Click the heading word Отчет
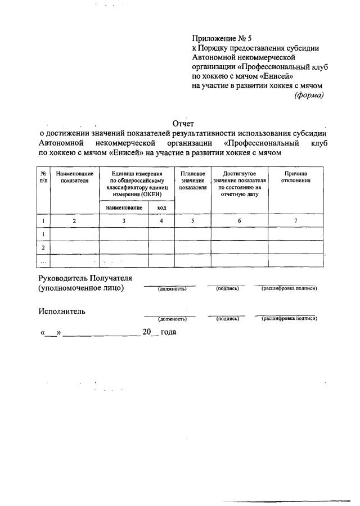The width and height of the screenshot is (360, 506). coord(183,124)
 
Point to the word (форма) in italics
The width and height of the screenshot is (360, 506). coord(309,95)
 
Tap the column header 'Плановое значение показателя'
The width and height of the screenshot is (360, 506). coord(193,180)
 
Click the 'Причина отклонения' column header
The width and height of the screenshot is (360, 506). coord(296,177)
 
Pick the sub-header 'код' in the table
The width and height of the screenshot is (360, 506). coord(161,208)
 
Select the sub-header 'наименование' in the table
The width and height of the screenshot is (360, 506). coord(124,208)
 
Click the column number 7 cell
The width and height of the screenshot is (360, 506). coord(296,221)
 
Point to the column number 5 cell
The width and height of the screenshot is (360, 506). coord(193,221)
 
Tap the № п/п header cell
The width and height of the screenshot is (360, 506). coord(43,177)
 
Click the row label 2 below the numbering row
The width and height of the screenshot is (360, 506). coord(43,247)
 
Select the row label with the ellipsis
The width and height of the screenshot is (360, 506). coord(43,260)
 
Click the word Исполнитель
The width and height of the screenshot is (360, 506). coord(62,311)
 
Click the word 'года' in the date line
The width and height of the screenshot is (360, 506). coord(168,332)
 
